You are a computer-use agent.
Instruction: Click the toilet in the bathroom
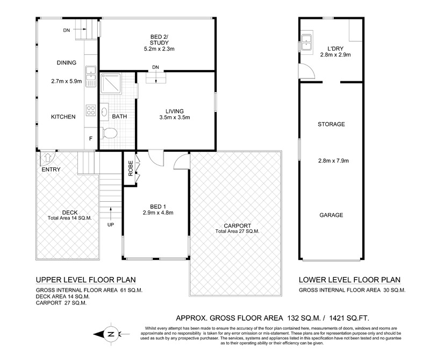pyautogui.click(x=109, y=133)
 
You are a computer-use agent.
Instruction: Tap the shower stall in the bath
pyautogui.click(x=111, y=83)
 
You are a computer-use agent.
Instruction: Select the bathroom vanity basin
pyautogui.click(x=104, y=112)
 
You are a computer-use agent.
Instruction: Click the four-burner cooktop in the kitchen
pyautogui.click(x=91, y=110)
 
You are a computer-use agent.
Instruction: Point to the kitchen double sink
pyautogui.click(x=90, y=76)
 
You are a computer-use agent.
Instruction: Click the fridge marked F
pyautogui.click(x=91, y=139)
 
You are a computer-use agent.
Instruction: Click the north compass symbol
pyautogui.click(x=111, y=334)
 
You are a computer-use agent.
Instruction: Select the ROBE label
pyautogui.click(x=131, y=168)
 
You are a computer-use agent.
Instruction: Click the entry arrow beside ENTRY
pyautogui.click(x=48, y=157)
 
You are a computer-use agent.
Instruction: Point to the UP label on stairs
pyautogui.click(x=111, y=224)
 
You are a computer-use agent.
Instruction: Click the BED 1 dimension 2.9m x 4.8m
pyautogui.click(x=158, y=213)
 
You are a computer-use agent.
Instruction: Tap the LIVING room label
pyautogui.click(x=175, y=111)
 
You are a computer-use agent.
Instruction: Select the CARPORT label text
pyautogui.click(x=238, y=225)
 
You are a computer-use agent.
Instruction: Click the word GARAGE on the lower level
pyautogui.click(x=331, y=215)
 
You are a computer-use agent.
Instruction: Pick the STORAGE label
pyautogui.click(x=331, y=124)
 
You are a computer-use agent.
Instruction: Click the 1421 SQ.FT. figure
pyautogui.click(x=349, y=318)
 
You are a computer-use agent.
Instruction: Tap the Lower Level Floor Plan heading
pyautogui.click(x=350, y=280)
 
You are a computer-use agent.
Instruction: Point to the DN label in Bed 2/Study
pyautogui.click(x=155, y=67)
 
